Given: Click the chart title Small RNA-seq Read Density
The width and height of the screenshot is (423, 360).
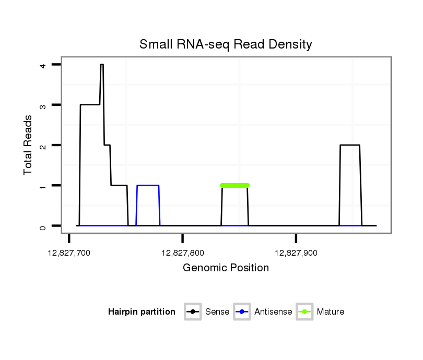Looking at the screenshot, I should coord(226,44).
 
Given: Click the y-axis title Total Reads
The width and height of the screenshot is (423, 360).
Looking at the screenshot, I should coord(29,145).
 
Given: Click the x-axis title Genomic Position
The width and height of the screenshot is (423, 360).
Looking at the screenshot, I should coord(226,268).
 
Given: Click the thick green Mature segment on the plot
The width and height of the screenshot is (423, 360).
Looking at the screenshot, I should coord(234,185).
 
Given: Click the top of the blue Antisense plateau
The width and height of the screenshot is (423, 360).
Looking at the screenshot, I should coord(148,185).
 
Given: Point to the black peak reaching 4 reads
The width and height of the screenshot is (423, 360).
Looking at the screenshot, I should coord(102,65).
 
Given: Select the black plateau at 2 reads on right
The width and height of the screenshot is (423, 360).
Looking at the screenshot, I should coord(350,145).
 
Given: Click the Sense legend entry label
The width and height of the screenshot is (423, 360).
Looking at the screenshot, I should coord(217,312).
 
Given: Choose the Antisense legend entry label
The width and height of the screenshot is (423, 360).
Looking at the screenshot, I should coord(273,312).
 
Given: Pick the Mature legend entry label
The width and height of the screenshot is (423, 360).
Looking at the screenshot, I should coord(330,312).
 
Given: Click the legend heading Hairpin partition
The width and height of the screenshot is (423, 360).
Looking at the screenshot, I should coord(142,312).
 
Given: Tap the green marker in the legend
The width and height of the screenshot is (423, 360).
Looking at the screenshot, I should coord(304,312).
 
